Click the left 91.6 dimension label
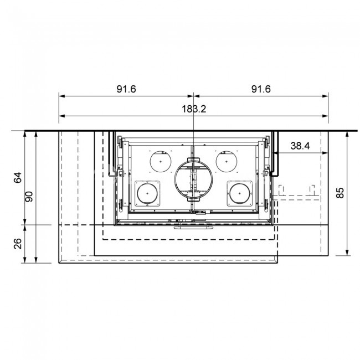126,89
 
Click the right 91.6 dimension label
261,89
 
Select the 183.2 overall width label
194,109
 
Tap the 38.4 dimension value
300,146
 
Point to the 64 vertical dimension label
18,177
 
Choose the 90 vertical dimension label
29,197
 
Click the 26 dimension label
18,244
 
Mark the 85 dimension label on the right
340,193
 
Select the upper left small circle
150,161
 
